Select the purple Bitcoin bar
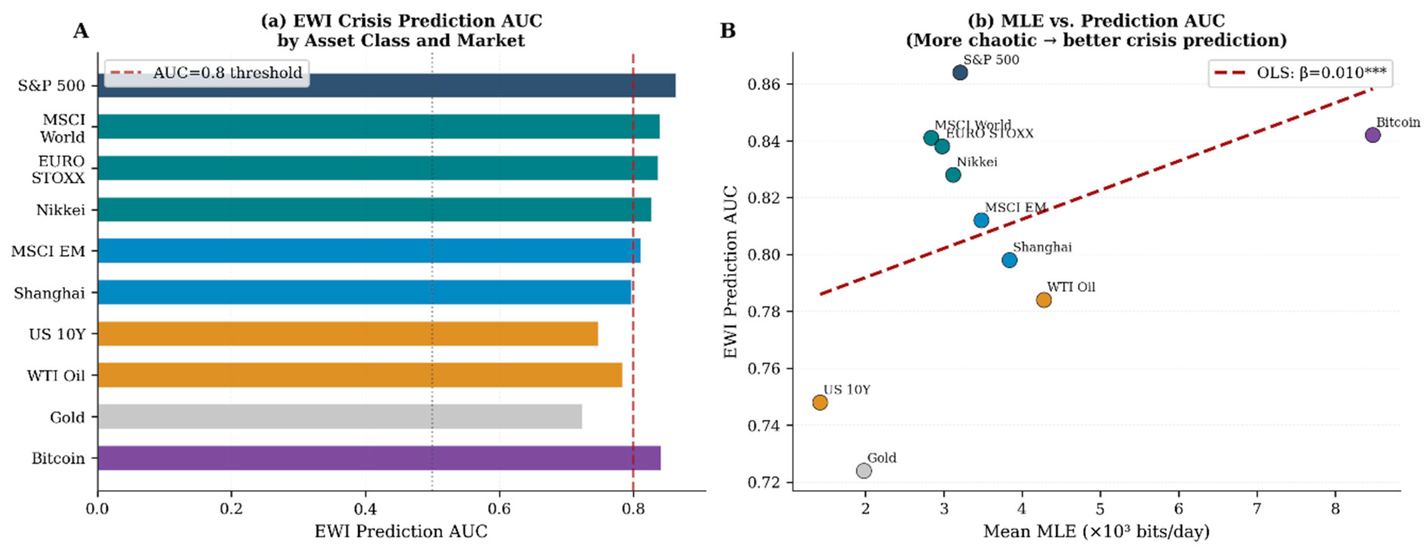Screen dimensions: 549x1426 [379, 458]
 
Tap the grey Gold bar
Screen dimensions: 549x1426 [340, 416]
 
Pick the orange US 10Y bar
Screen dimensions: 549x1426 [348, 334]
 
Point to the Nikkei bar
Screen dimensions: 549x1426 [374, 209]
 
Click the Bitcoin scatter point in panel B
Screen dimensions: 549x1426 [1372, 135]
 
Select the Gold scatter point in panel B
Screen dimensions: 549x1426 [863, 470]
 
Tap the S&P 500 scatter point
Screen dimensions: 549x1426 [960, 73]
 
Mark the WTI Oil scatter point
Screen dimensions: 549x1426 [1044, 300]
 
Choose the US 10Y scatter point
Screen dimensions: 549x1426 [820, 402]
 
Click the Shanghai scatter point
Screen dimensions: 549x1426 [1009, 260]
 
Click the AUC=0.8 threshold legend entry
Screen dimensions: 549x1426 [207, 73]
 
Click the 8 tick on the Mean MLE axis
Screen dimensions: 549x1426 [1335, 508]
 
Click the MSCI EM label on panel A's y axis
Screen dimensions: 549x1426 [49, 252]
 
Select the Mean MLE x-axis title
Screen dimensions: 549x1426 [1096, 532]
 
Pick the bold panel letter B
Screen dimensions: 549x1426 [727, 31]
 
